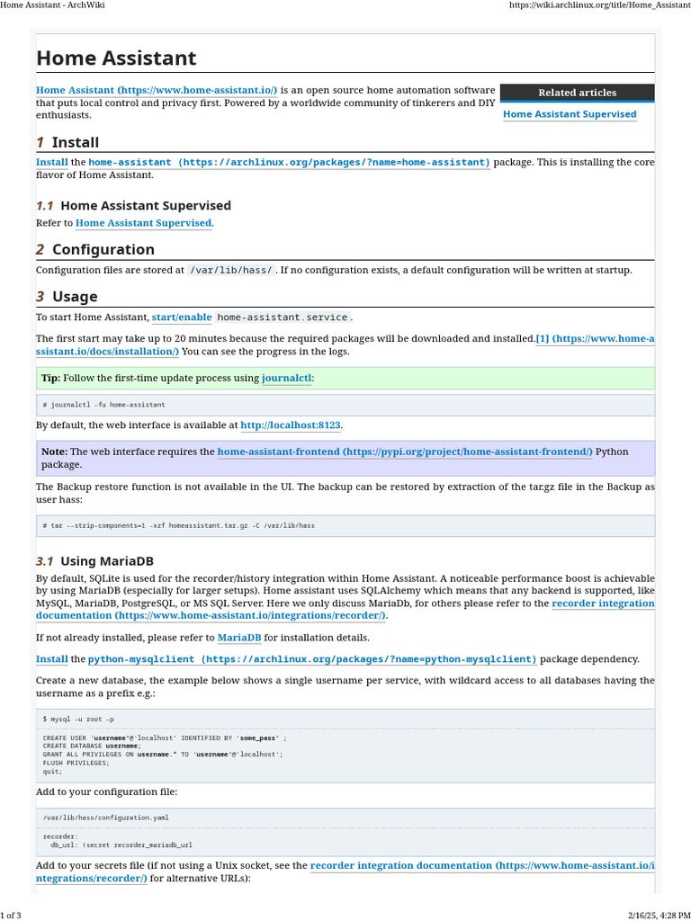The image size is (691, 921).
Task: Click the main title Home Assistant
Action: (116, 58)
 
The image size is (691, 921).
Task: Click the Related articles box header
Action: (577, 93)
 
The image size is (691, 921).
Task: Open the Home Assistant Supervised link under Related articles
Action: (570, 114)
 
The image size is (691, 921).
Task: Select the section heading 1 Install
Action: (67, 142)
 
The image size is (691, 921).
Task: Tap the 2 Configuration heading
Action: (94, 249)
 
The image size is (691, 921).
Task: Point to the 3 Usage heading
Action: (67, 297)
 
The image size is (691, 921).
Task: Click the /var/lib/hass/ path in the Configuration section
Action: (231, 270)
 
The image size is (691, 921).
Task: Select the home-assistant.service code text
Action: (282, 317)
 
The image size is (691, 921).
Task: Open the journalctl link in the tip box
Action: (286, 378)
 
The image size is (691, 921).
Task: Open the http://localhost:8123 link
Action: (291, 425)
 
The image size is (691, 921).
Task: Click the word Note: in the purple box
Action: (54, 452)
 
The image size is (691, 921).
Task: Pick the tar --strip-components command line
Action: (178, 525)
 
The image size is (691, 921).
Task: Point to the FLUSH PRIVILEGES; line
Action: (76, 762)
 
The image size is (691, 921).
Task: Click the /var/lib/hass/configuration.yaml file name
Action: (105, 818)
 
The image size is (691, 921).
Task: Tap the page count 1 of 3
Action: (11, 915)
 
